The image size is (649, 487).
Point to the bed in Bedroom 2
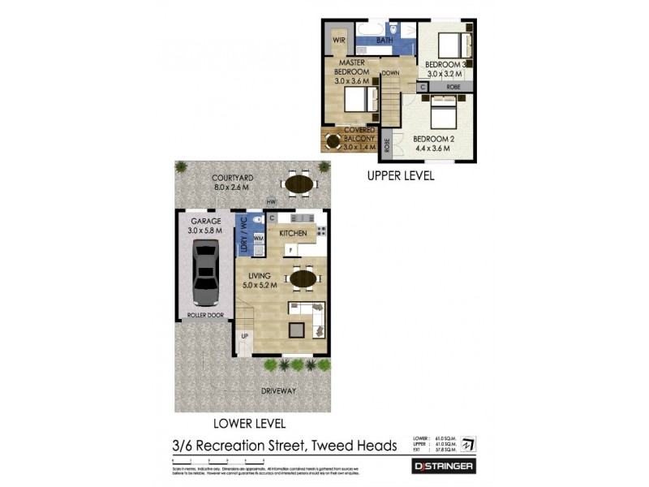coord(443,113)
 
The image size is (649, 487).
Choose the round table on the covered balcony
coord(333,143)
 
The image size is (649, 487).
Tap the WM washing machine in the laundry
coord(258,239)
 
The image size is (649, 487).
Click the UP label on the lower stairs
coord(243,335)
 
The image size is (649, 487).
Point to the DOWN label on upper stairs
coord(391,72)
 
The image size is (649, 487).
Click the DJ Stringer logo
coord(443,466)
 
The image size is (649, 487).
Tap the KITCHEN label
coord(293,233)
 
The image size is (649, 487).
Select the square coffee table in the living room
coord(298,329)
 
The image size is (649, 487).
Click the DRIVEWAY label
coord(278,390)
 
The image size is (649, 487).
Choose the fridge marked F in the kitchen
coord(288,251)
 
